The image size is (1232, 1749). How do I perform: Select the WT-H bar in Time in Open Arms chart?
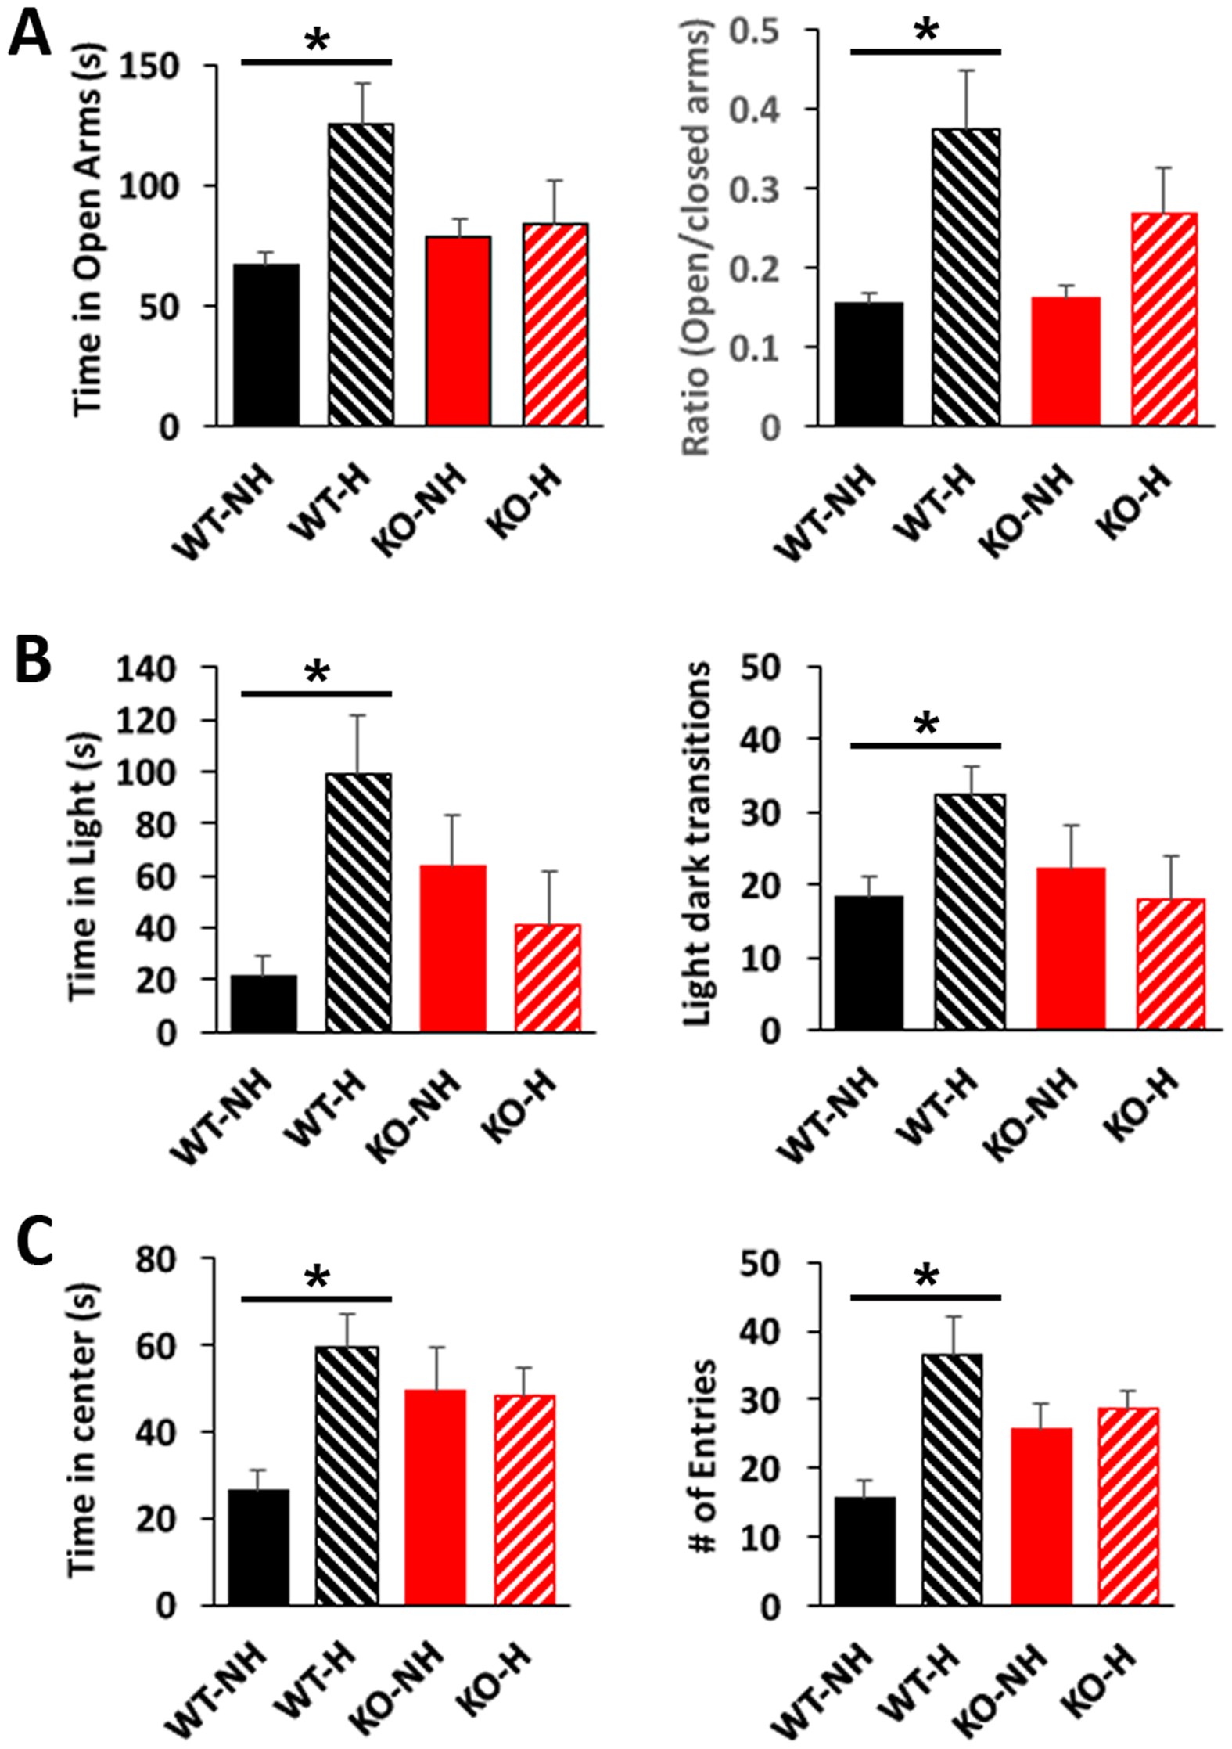click(361, 274)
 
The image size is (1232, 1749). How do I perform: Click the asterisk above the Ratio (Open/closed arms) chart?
click(925, 31)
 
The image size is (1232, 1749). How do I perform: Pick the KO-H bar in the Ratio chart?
click(1164, 318)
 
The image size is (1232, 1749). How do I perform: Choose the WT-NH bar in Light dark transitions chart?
click(868, 962)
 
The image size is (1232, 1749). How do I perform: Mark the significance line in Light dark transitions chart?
click(925, 745)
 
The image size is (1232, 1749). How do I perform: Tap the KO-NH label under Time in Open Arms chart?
click(416, 509)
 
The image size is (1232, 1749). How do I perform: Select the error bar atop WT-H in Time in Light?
click(358, 743)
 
